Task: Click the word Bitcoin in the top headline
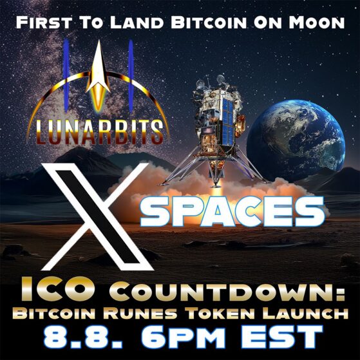click(209, 23)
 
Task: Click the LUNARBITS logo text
click(99, 132)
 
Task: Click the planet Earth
click(296, 140)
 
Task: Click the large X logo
click(96, 216)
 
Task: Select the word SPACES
click(232, 211)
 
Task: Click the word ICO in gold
click(57, 289)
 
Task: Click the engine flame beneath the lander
click(216, 191)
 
